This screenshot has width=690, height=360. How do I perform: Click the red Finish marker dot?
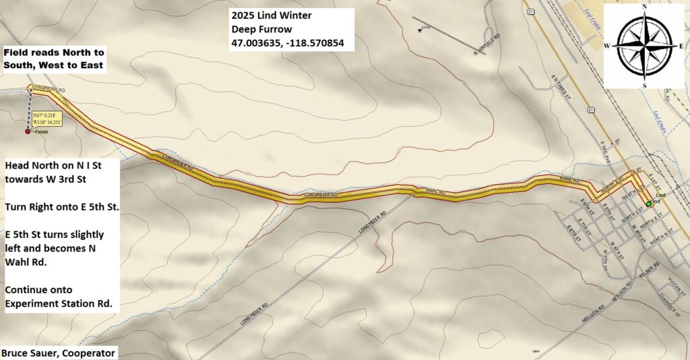tap(28, 131)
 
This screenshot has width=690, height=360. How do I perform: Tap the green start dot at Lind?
tap(648, 203)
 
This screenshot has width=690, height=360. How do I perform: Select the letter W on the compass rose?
tap(608, 46)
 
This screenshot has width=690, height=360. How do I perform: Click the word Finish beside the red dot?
tap(41, 132)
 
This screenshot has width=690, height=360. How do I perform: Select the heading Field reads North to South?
tap(53, 59)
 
